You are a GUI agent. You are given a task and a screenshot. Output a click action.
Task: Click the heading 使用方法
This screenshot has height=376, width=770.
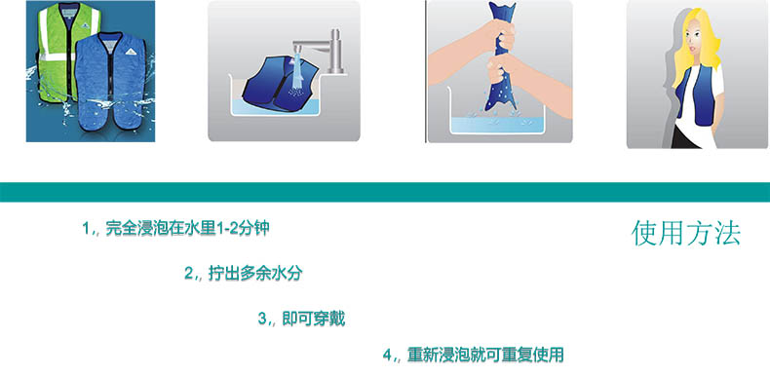pyautogui.click(x=685, y=233)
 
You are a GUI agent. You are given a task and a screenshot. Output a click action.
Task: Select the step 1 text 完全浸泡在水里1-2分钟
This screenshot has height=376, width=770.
pyautogui.click(x=187, y=229)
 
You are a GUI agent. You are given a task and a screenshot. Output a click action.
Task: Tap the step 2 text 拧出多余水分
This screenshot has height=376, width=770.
pyautogui.click(x=254, y=274)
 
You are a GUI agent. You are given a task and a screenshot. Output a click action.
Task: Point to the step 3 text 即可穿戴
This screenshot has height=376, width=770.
pyautogui.click(x=314, y=319)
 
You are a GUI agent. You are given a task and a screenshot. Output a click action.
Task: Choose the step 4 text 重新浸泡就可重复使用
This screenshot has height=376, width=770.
pyautogui.click(x=485, y=355)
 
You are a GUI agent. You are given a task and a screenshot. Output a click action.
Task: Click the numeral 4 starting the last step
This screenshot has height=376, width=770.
pyautogui.click(x=387, y=356)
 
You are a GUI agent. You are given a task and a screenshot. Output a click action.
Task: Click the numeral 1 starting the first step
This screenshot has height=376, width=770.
pyautogui.click(x=86, y=229)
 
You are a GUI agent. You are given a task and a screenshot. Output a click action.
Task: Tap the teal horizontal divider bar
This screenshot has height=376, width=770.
pyautogui.click(x=385, y=192)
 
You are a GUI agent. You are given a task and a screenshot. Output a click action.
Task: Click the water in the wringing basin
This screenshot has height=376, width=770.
pyautogui.click(x=497, y=125)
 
